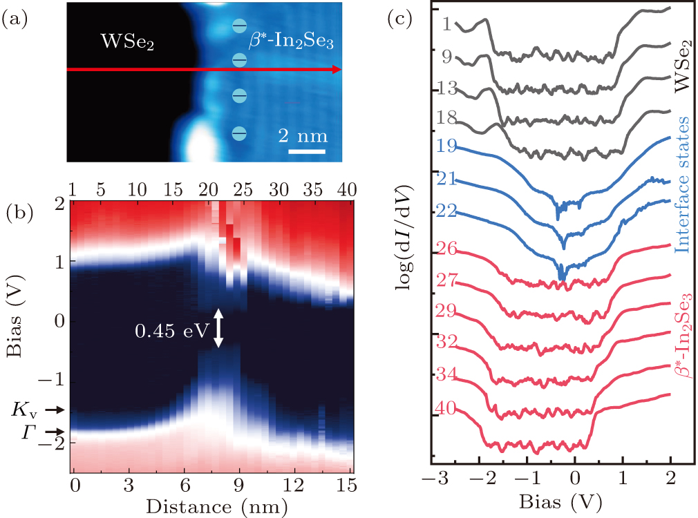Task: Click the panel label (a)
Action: (x=15, y=21)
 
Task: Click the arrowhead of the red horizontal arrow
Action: (x=337, y=69)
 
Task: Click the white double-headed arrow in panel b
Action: (x=219, y=328)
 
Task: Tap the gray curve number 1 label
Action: (x=446, y=25)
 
